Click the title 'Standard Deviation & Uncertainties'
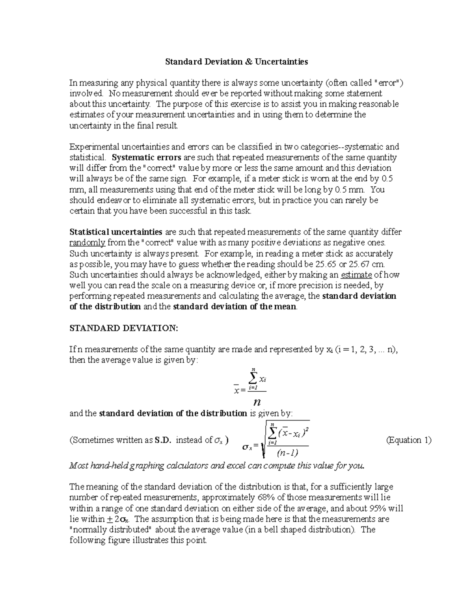click(236, 61)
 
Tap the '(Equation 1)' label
click(409, 440)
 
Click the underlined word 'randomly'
click(87, 242)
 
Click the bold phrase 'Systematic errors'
click(146, 158)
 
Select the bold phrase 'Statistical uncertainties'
click(115, 232)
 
